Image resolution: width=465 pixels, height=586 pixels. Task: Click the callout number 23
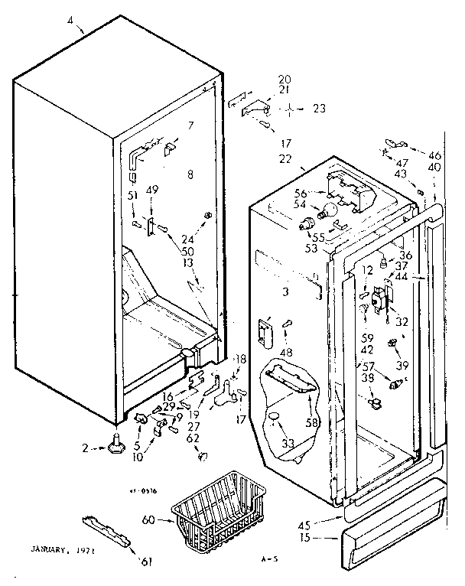click(x=319, y=109)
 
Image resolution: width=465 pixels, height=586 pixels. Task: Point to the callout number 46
click(x=434, y=155)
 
